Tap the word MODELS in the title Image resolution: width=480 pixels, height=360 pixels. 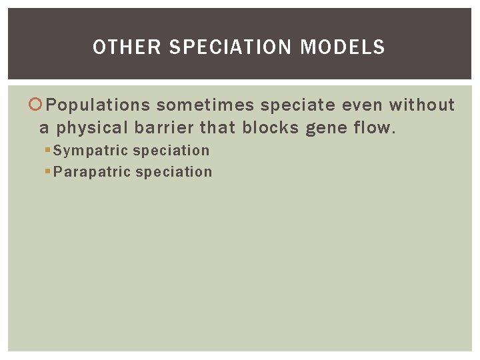tap(343, 47)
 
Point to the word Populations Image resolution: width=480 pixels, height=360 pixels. tap(99, 105)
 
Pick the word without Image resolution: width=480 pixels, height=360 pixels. tap(422, 105)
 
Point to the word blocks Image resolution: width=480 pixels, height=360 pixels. tap(271, 127)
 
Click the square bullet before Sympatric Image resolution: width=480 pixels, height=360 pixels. tap(47, 151)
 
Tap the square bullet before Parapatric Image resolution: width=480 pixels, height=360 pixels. tap(47, 172)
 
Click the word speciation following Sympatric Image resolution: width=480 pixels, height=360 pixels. tap(171, 151)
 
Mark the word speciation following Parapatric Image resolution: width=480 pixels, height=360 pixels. tap(173, 172)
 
